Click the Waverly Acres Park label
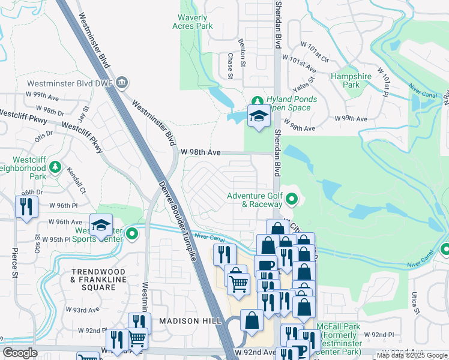196,22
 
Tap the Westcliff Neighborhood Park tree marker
55,166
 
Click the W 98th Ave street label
200,152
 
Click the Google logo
20,353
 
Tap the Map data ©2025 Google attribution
412,355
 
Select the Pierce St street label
13,264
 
